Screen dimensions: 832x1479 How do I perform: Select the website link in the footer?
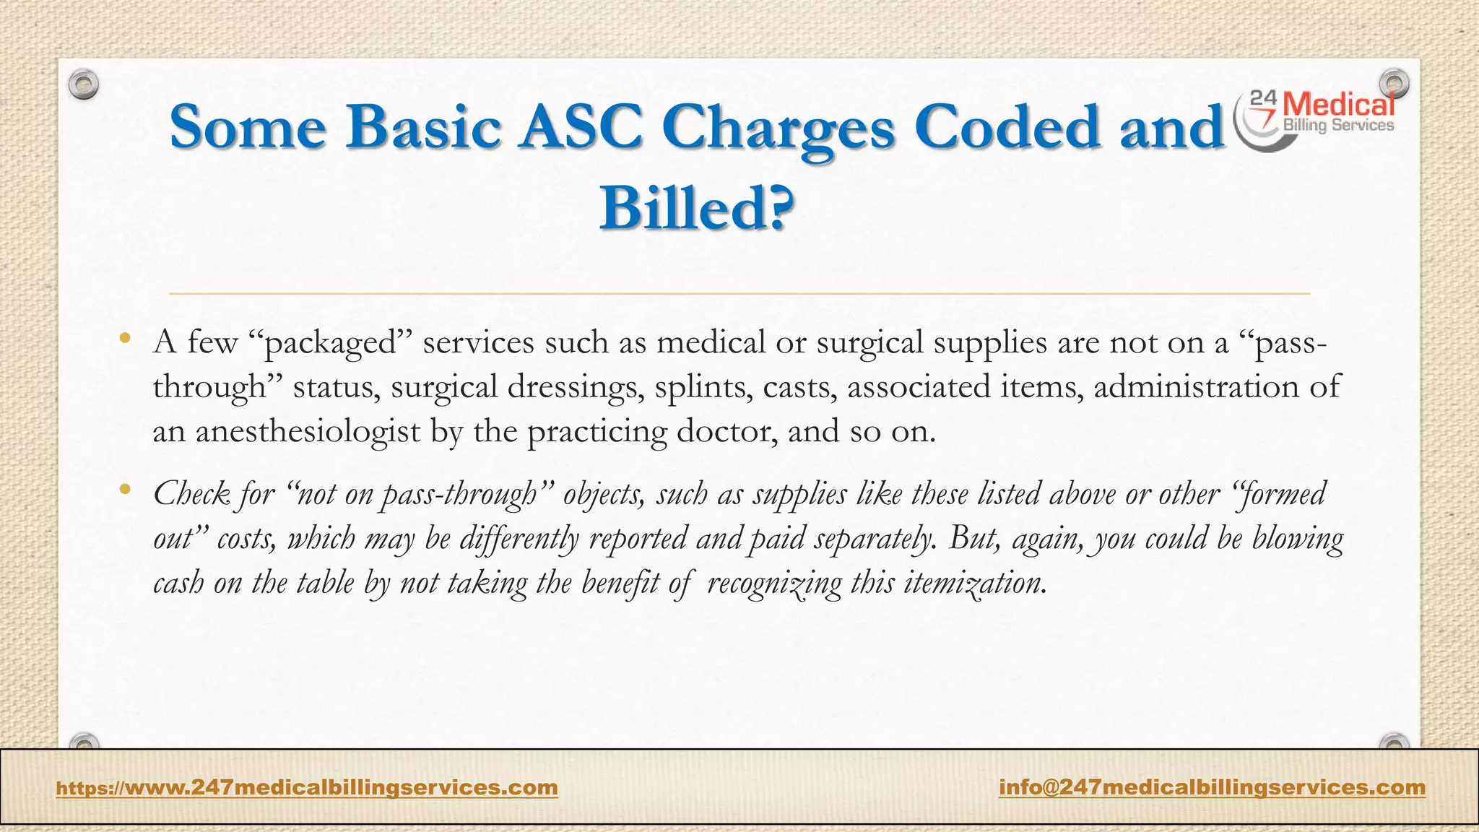307,786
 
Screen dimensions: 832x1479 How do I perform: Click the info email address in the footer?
1212,786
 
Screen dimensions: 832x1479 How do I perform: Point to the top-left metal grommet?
84,85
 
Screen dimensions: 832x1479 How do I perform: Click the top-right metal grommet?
1394,84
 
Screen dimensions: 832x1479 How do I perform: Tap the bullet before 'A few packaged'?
126,338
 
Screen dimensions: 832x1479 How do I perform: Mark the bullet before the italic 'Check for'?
126,490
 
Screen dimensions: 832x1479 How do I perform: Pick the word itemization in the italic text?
974,582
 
